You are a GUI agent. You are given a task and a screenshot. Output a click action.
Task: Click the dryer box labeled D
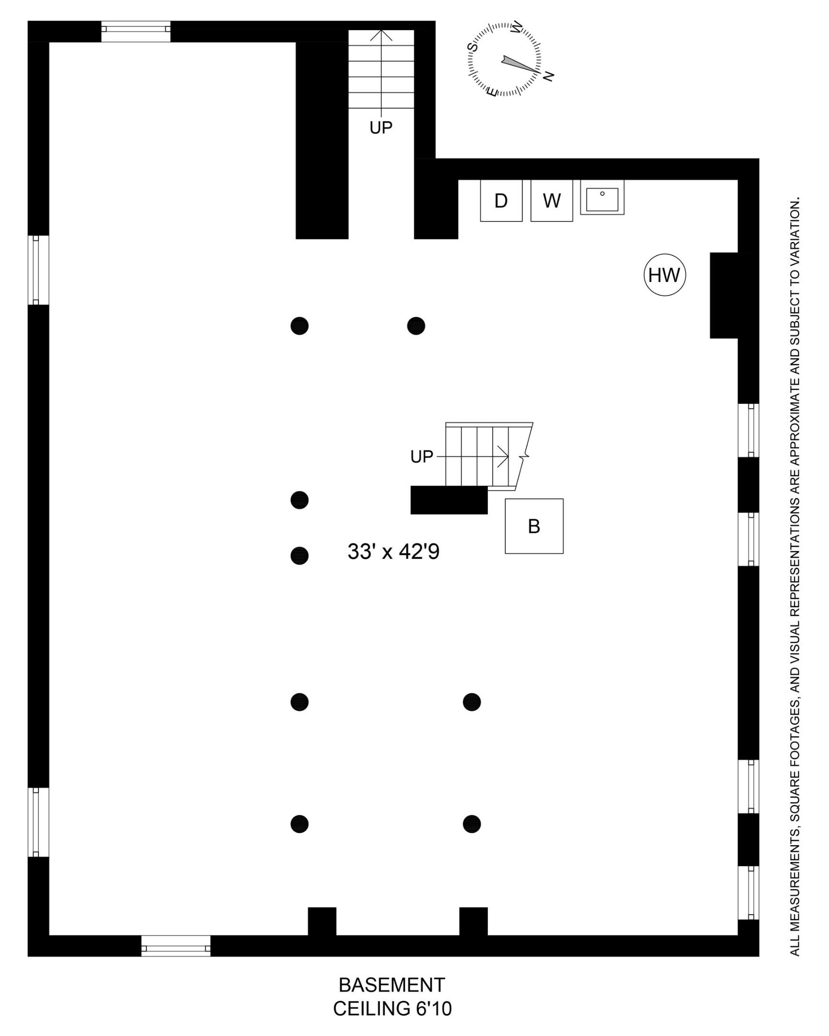pos(501,200)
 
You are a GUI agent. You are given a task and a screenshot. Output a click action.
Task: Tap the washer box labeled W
pos(551,200)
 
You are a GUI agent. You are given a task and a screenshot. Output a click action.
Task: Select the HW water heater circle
pos(664,274)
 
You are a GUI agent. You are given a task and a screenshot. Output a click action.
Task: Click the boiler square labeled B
pos(534,526)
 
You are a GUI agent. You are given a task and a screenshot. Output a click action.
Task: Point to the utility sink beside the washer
pos(602,198)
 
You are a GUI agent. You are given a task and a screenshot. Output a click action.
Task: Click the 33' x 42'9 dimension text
pos(393,552)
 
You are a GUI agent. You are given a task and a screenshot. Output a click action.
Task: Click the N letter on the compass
pos(548,75)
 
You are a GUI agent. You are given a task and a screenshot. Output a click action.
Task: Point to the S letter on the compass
pos(473,47)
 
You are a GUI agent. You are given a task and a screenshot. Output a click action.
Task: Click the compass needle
pos(519,65)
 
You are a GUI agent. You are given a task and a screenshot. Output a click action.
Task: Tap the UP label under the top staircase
pos(381,127)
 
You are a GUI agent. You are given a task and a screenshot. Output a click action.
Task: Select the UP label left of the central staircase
pos(422,457)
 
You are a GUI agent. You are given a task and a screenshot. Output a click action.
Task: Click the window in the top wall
pos(135,31)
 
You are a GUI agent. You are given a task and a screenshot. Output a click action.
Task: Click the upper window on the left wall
pos(38,270)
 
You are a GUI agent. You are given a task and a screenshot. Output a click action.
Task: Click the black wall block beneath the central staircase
pos(449,500)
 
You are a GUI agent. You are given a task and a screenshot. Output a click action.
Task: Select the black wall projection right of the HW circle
pos(724,295)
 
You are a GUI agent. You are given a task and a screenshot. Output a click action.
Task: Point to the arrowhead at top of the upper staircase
pos(381,35)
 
